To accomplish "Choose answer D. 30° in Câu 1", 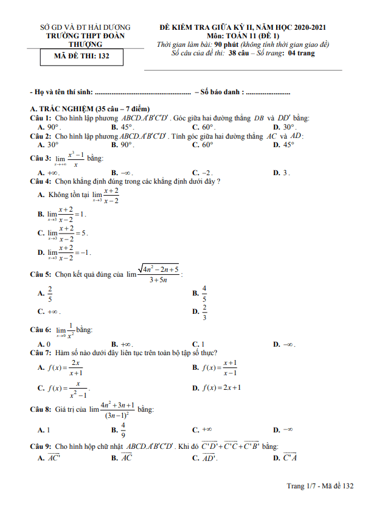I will tap(284, 126).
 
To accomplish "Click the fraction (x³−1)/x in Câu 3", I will tap(75, 159).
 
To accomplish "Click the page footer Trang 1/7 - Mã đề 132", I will tap(320, 486).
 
